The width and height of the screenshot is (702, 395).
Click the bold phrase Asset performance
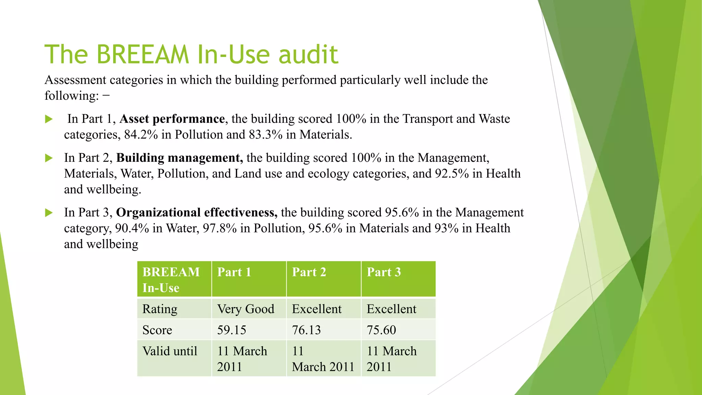[x=172, y=119]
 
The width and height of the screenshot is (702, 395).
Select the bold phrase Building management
[x=179, y=158]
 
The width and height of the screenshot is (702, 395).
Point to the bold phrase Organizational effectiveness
[x=197, y=213]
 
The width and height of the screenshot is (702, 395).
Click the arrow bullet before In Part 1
[x=49, y=119]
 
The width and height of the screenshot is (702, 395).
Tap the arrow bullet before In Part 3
[x=49, y=213]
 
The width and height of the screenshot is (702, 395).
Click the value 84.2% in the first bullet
[x=141, y=134]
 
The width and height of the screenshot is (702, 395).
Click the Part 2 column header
[x=309, y=272]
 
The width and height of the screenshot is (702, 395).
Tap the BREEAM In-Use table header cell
[x=171, y=279]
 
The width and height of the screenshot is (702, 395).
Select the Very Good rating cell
[x=245, y=309]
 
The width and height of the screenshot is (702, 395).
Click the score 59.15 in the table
[x=232, y=330]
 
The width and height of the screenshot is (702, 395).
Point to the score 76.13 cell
[x=306, y=330]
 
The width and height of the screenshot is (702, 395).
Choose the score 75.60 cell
[x=381, y=330]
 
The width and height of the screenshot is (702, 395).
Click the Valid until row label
[x=170, y=351]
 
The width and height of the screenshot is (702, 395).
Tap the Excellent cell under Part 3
[x=391, y=309]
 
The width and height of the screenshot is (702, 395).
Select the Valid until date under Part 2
[x=323, y=359]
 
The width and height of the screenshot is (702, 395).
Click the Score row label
[x=157, y=330]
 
